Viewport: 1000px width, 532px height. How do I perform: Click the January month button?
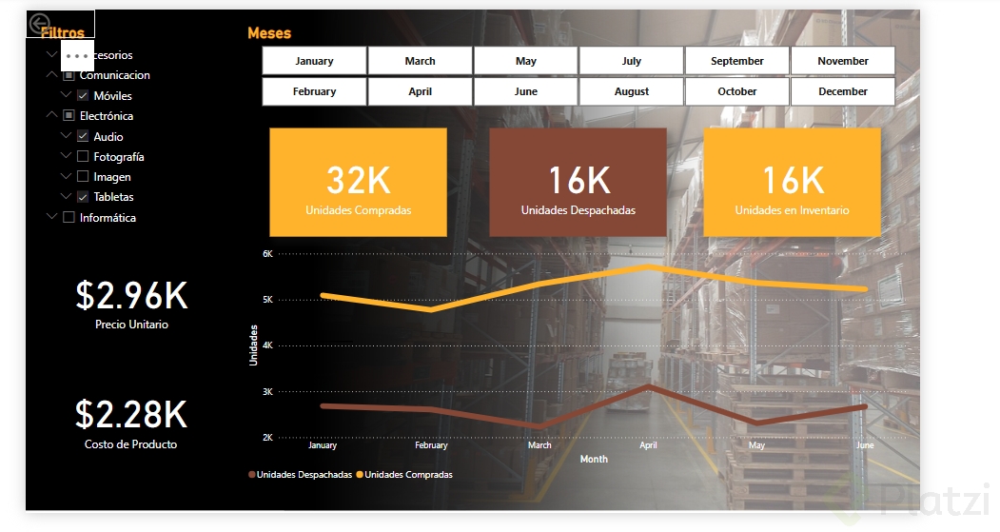point(314,61)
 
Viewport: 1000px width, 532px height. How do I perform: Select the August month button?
point(632,92)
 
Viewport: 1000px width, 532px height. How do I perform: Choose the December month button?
point(843,92)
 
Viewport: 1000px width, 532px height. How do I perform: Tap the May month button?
point(526,61)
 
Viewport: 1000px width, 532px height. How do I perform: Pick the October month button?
point(737,92)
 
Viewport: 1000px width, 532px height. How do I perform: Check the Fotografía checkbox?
point(83,157)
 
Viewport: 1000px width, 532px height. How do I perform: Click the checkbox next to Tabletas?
point(83,197)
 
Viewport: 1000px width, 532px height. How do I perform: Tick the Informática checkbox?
point(69,218)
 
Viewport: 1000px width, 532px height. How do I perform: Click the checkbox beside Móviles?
point(83,96)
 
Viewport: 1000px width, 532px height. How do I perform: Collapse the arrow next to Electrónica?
point(51,116)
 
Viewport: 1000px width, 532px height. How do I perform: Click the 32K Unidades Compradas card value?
point(358,181)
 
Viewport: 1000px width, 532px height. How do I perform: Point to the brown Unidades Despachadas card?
point(578,183)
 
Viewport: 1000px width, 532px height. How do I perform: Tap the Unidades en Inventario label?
point(792,210)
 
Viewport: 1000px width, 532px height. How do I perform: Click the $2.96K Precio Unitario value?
point(131,296)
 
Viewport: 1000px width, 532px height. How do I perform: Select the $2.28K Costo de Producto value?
point(131,415)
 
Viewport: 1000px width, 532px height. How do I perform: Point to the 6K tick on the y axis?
point(267,254)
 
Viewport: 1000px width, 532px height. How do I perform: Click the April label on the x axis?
point(648,445)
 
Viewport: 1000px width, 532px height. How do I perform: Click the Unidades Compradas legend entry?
point(408,475)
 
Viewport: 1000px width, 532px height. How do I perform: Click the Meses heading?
point(269,33)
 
